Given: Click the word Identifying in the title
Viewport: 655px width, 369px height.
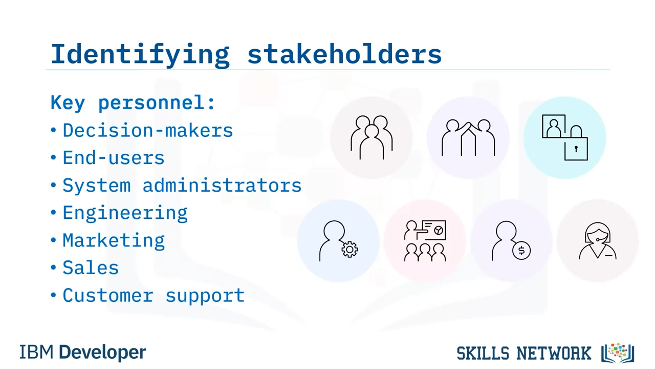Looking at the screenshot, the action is (x=140, y=55).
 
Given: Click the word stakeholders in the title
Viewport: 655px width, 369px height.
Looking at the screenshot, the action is (x=344, y=54).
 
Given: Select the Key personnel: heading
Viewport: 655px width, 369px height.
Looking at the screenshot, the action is (x=133, y=103).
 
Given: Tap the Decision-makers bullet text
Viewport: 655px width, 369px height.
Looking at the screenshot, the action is (x=148, y=130).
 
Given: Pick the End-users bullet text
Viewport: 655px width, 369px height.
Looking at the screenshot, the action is (x=114, y=158).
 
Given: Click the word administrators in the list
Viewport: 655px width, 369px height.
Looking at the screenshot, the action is (x=222, y=186).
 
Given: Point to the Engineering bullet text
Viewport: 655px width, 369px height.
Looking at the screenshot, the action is (x=125, y=213).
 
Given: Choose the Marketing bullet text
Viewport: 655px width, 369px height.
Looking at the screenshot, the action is (x=114, y=241).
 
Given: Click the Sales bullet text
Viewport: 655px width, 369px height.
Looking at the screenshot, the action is (x=91, y=268).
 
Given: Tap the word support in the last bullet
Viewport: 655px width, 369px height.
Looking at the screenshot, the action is (x=205, y=296).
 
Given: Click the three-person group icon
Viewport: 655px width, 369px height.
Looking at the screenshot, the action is (x=372, y=137).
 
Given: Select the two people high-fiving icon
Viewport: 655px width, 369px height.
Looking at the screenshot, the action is (x=468, y=138).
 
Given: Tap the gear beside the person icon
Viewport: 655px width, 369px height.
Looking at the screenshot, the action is (x=350, y=250).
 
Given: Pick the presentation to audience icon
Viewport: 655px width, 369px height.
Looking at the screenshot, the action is (x=425, y=241).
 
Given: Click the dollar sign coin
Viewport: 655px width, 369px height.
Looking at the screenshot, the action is (x=521, y=251).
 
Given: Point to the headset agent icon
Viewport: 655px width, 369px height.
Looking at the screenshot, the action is (x=598, y=241).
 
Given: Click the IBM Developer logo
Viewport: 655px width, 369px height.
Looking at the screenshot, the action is (x=83, y=352).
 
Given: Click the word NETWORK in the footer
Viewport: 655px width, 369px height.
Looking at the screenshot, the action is (x=554, y=353).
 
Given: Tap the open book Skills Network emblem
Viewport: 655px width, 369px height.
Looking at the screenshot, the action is (x=618, y=353).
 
